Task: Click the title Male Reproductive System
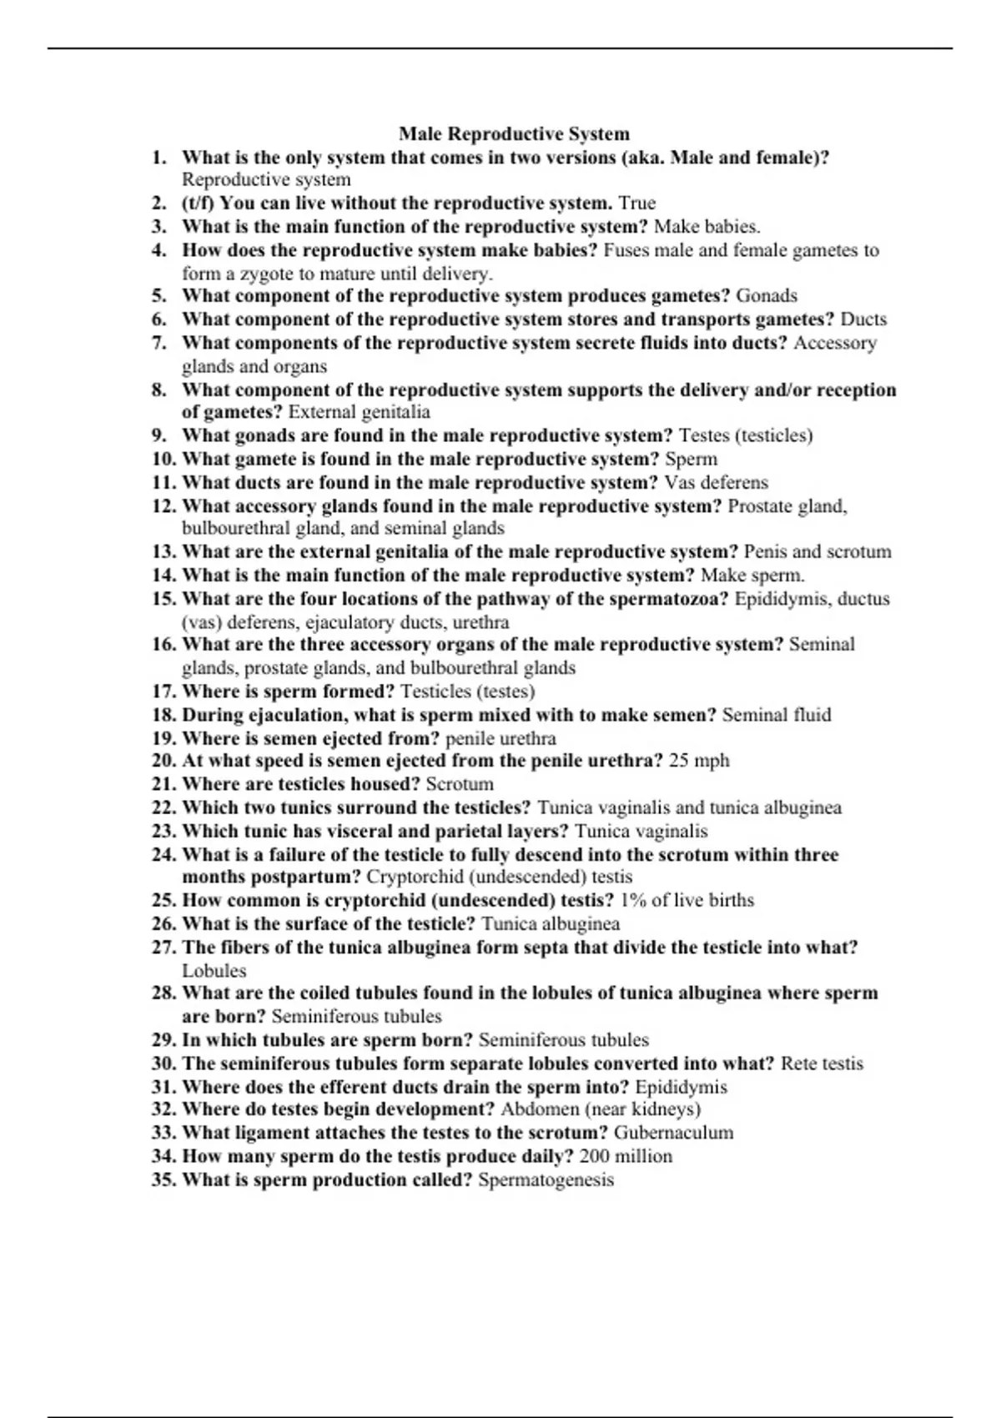pos(514,133)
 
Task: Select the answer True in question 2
pos(636,203)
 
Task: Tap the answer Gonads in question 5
pos(766,295)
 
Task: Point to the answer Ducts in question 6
pos(863,319)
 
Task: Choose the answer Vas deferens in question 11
pos(716,482)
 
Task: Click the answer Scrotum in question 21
pos(460,784)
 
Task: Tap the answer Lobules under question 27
pos(214,971)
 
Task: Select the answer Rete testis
pos(822,1063)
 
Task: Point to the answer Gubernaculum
pos(673,1133)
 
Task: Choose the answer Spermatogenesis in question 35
pos(546,1179)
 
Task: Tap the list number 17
pos(163,691)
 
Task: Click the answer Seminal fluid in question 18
pos(776,714)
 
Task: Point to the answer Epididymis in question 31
pos(681,1087)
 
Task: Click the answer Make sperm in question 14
pos(752,575)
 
